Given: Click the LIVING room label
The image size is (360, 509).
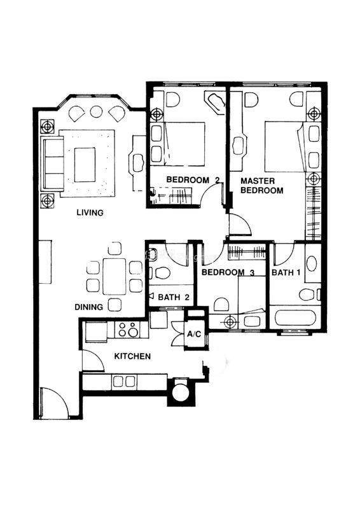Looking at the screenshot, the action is click(90, 213).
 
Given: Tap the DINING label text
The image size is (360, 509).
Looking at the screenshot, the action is click(88, 307).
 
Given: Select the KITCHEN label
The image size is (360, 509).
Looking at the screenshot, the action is click(132, 356).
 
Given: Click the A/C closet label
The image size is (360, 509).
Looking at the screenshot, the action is click(195, 333).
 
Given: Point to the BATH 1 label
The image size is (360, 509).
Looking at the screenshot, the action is click(286, 272).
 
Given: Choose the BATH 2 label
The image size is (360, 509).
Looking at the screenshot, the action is click(174, 297).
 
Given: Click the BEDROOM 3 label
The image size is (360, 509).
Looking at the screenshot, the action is click(228, 272).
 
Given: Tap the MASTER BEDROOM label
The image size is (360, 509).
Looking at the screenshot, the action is click(261, 185).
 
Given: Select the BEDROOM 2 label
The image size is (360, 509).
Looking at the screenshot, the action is click(193, 179).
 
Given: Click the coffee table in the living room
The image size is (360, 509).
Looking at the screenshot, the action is click(85, 165).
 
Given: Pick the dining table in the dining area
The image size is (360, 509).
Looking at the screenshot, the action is click(114, 276).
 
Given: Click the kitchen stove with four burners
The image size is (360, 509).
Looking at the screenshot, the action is click(128, 329).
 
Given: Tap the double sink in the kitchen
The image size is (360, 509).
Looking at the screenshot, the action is click(123, 381).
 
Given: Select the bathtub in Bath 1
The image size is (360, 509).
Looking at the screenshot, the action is click(295, 318).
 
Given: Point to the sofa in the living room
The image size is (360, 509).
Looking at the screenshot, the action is click(52, 164).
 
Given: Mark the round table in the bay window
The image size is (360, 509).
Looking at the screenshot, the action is click(97, 112).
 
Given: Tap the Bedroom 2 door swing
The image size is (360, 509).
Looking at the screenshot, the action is click(211, 194).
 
